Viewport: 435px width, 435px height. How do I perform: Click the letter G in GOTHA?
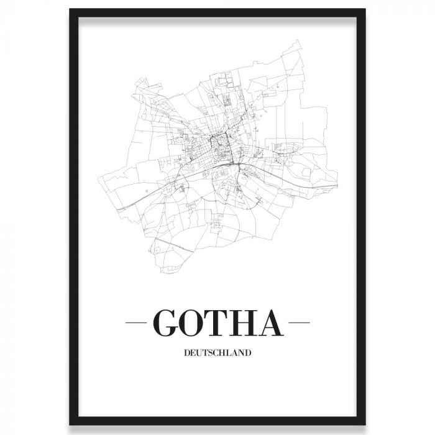click(x=166, y=323)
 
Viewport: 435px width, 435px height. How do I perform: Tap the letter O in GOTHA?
click(x=195, y=323)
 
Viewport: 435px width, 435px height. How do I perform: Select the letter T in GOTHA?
click(x=221, y=323)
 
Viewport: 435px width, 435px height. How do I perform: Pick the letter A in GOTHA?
click(x=273, y=323)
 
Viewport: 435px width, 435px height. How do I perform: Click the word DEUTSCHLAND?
click(x=217, y=354)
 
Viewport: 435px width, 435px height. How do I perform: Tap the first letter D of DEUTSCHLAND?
click(x=187, y=354)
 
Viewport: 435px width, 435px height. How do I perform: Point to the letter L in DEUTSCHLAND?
click(x=229, y=354)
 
